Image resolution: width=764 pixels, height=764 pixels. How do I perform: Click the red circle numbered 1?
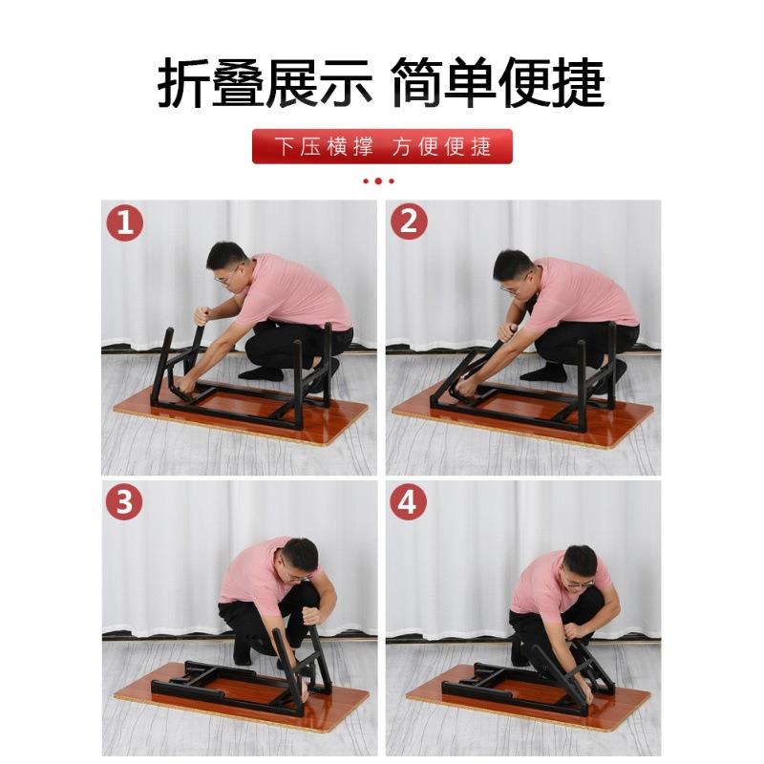[x=124, y=223]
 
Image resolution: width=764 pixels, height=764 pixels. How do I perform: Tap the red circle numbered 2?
[x=409, y=222]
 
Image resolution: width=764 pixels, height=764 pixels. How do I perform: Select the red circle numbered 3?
[x=124, y=501]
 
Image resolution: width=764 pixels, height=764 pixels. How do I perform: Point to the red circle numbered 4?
[x=409, y=501]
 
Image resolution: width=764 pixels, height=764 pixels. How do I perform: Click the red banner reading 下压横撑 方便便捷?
[x=382, y=146]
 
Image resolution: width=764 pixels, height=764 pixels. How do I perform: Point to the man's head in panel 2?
[x=513, y=268]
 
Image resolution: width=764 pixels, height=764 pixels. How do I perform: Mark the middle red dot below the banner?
[x=378, y=180]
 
